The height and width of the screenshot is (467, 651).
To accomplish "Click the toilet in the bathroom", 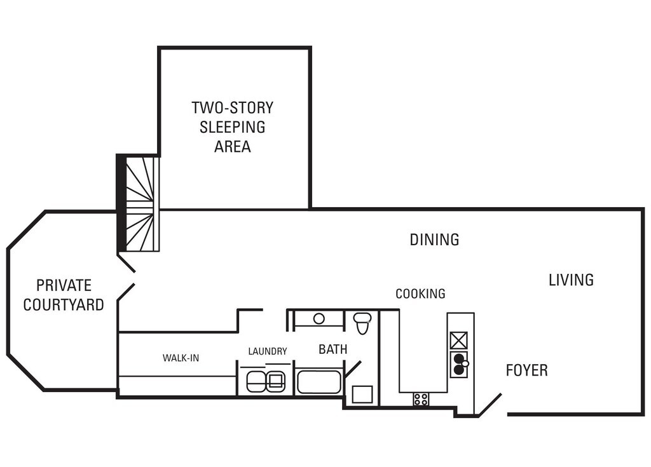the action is (x=362, y=323).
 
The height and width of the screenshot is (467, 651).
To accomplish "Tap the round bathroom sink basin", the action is (x=319, y=319).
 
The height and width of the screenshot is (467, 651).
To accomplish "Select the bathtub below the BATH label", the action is (x=319, y=382).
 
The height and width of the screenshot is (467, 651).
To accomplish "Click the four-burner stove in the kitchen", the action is (x=421, y=400).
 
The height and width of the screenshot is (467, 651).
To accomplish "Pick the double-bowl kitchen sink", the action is (x=459, y=363).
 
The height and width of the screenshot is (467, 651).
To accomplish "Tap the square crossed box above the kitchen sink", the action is (x=459, y=341).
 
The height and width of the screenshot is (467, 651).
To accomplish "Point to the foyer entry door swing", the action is (x=490, y=405).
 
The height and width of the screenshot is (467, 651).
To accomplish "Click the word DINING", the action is (x=434, y=240).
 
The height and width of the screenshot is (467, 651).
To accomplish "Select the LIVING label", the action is (x=571, y=280).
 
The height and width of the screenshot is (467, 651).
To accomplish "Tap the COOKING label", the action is (x=420, y=294).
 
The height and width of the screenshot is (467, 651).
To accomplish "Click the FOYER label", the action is (x=526, y=370).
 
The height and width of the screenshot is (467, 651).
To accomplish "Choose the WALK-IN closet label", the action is (x=181, y=358).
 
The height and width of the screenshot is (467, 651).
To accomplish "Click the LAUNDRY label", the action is (x=268, y=351).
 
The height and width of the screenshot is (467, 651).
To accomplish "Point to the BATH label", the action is (x=332, y=349).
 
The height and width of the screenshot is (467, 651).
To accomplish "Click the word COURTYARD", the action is (x=64, y=305).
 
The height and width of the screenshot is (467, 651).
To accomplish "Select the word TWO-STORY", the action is (x=232, y=108).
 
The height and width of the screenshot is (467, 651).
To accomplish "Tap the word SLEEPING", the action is (x=232, y=127).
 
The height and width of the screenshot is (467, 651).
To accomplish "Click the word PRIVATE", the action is (x=64, y=285).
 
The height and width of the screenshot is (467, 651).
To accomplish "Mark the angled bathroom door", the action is (x=353, y=369).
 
